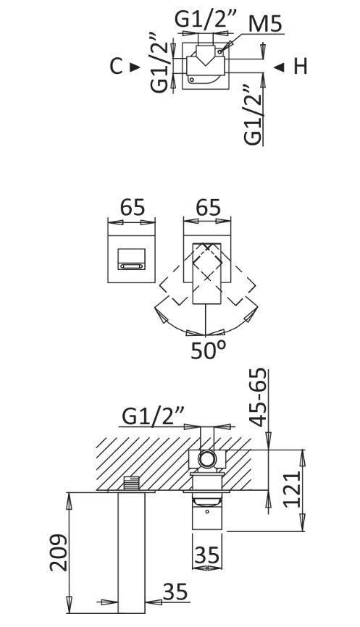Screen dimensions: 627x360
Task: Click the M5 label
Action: [x=264, y=24]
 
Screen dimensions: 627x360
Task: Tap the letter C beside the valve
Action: [x=116, y=67]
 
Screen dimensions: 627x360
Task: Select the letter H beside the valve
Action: [x=301, y=67]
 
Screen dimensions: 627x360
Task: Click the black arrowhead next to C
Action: [x=135, y=67]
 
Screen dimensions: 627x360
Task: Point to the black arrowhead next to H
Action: [x=280, y=67]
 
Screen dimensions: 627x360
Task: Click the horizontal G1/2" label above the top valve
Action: [x=206, y=19]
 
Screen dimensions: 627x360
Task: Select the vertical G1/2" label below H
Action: [x=253, y=114]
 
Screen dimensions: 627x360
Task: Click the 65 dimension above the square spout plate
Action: [x=132, y=208]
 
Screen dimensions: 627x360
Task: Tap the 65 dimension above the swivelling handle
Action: [x=207, y=208]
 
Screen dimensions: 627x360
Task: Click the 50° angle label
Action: [x=208, y=350]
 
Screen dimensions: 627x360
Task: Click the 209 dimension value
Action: [x=59, y=552]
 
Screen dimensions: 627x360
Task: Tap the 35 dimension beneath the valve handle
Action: [x=206, y=555]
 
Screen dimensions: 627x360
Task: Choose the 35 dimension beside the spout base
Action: [x=175, y=592]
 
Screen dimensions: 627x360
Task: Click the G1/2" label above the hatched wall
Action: [x=153, y=416]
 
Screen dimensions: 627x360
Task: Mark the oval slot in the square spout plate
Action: [x=132, y=266]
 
